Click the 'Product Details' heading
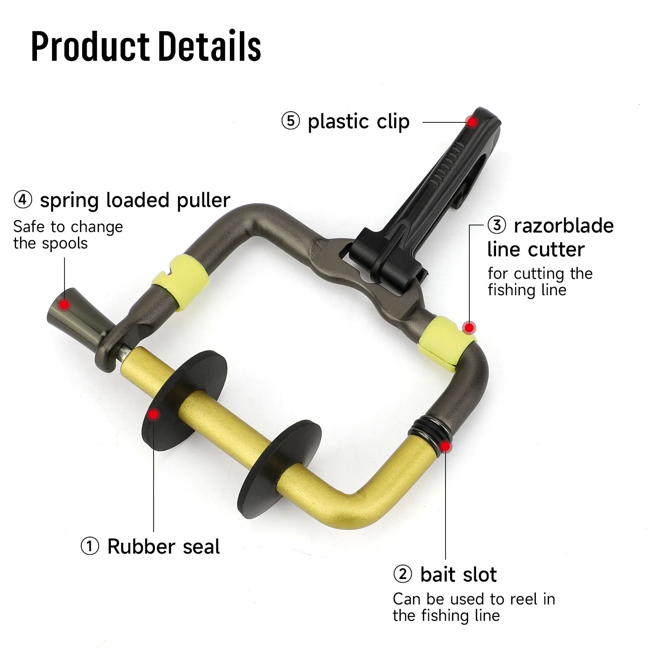coord(146,46)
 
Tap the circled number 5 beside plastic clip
coord(291,121)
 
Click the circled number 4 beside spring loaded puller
coord(23,200)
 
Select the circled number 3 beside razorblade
coord(497,225)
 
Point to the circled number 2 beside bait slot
coord(402,574)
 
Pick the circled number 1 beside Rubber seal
coord(90,547)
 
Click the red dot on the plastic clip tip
coord(472,122)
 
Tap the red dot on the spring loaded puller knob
coord(64,305)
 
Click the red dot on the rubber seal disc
coord(154,415)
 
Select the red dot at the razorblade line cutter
coord(469,328)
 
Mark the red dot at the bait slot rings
coord(446,446)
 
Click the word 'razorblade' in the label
coord(564,225)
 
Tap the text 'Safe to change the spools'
coord(68,235)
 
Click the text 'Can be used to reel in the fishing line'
coord(474,607)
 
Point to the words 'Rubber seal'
coord(163,547)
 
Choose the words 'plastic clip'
coord(358,122)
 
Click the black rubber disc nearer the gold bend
coord(280,469)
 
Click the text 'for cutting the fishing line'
coord(540,282)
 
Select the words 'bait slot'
coord(458,574)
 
